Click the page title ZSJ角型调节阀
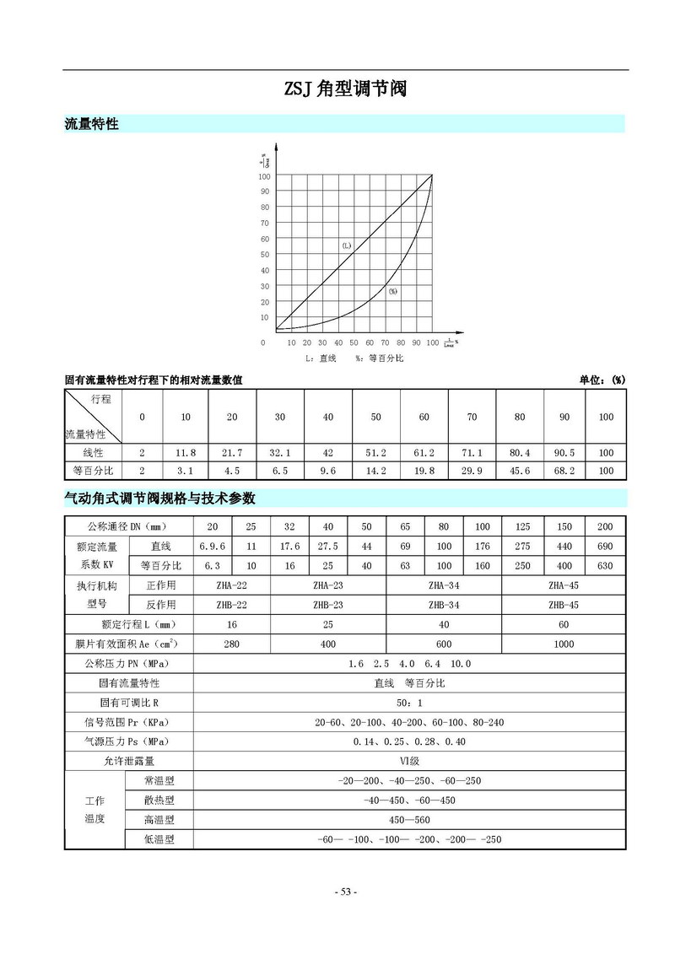pyautogui.click(x=346, y=89)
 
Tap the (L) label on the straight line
pyautogui.click(x=347, y=245)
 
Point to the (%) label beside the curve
pyautogui.click(x=392, y=291)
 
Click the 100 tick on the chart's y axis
pyautogui.click(x=264, y=176)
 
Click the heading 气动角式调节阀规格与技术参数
pyautogui.click(x=159, y=498)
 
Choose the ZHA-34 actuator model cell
pyautogui.click(x=444, y=585)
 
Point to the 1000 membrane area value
pyautogui.click(x=564, y=644)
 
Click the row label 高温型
pyautogui.click(x=159, y=819)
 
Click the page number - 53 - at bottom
pyautogui.click(x=346, y=892)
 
